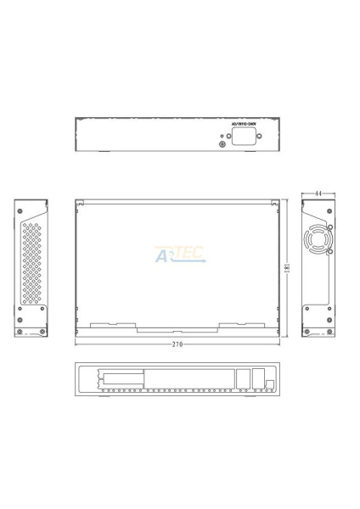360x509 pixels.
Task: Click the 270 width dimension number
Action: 177,344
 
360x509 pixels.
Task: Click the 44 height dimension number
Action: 318,194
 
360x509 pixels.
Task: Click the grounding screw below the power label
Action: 222,144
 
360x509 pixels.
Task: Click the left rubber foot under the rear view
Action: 101,154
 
